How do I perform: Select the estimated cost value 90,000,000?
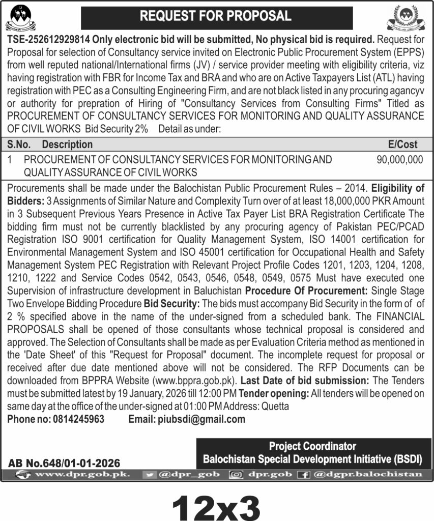click(400, 159)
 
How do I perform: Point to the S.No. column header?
click(20, 144)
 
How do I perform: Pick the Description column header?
click(67, 144)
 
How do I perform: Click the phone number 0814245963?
click(78, 419)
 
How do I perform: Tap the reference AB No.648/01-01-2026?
click(64, 464)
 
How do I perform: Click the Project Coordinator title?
click(312, 446)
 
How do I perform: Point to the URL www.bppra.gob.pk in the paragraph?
click(194, 381)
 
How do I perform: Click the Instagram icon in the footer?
click(236, 474)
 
